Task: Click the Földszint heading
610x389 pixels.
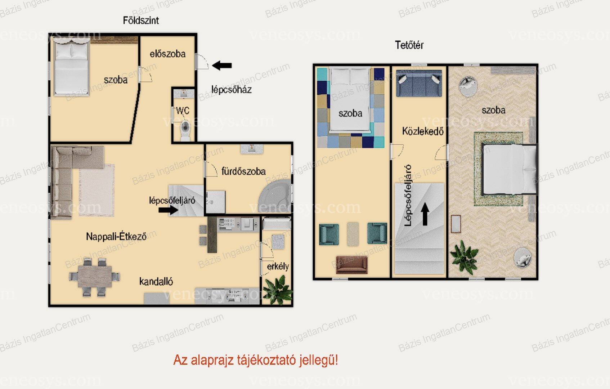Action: click(141, 21)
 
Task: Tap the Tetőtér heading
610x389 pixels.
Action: click(409, 45)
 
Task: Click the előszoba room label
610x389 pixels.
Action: click(167, 54)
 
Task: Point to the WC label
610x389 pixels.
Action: click(183, 111)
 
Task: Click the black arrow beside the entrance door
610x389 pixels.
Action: click(222, 66)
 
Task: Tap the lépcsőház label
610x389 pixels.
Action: click(232, 90)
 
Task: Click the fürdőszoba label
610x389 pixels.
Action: click(243, 171)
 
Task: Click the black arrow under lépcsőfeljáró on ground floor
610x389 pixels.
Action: click(168, 210)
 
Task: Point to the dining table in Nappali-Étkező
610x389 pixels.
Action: click(94, 276)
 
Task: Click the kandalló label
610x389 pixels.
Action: click(156, 281)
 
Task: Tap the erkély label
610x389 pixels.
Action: click(278, 267)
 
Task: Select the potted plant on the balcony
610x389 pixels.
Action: click(278, 290)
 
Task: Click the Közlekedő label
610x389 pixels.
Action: click(423, 131)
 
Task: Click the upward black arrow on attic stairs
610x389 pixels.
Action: click(425, 214)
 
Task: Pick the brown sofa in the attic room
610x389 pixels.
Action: click(351, 264)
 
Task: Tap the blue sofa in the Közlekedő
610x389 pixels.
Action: click(419, 83)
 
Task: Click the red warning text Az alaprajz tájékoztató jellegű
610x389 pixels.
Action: click(256, 360)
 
